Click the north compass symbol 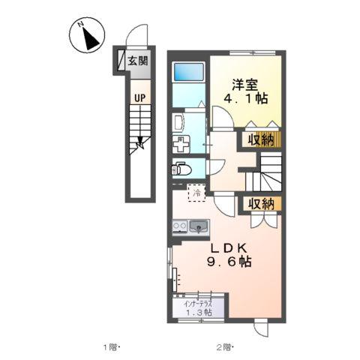coord(87,36)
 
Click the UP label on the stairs coord(140,97)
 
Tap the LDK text coord(224,248)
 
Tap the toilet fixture coord(181,166)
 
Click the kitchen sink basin coord(199,225)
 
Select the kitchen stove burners coord(179,225)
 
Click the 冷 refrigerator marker coord(197,193)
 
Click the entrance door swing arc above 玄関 coord(133,37)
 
